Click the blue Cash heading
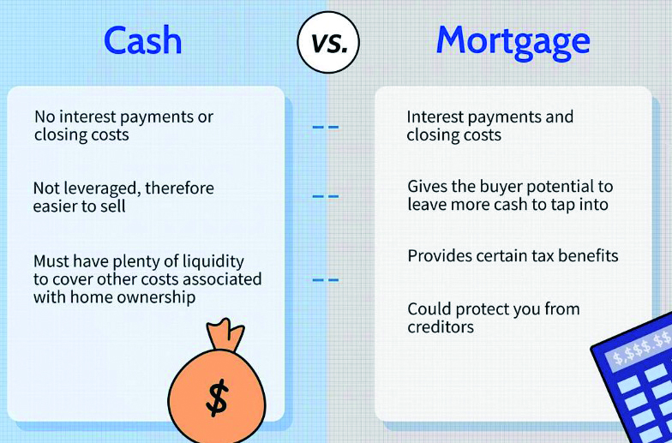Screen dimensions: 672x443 point(142,40)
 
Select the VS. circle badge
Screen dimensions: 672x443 point(328,43)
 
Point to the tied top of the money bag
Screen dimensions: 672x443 point(225,334)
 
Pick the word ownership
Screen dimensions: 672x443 point(153,298)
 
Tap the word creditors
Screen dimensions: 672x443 point(441,327)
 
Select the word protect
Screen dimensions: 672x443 point(489,309)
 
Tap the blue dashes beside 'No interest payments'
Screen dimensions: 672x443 point(326,127)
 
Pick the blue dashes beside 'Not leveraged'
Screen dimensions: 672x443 point(326,197)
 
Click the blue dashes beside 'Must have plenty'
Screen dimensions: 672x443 point(326,280)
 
